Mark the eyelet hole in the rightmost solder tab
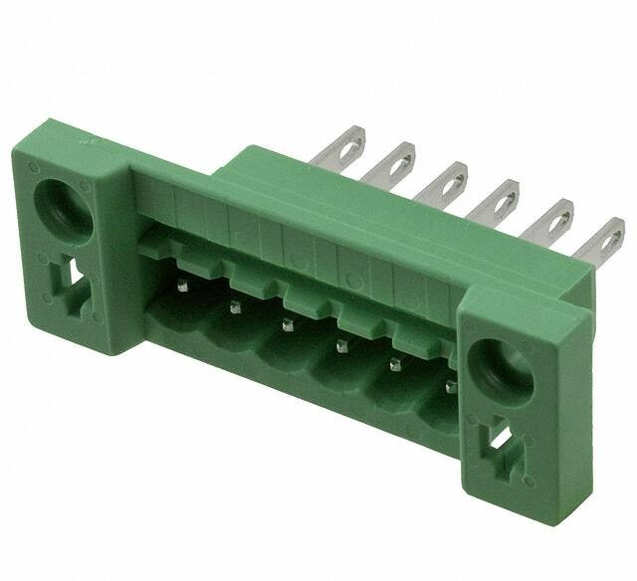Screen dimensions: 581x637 point(608,237)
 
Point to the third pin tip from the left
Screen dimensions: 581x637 point(288,325)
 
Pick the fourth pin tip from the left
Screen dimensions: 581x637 point(340,346)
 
